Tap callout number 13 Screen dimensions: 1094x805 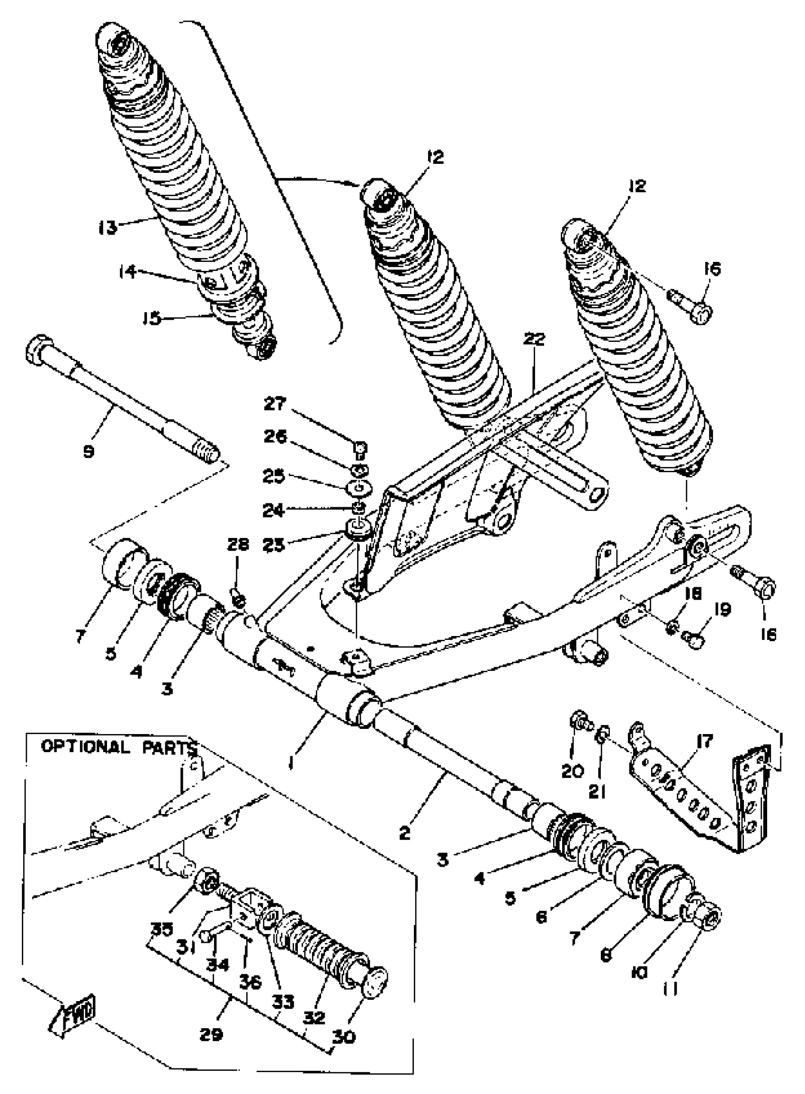tap(107, 226)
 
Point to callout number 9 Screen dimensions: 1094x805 tap(89, 452)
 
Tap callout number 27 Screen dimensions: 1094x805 tap(276, 404)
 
